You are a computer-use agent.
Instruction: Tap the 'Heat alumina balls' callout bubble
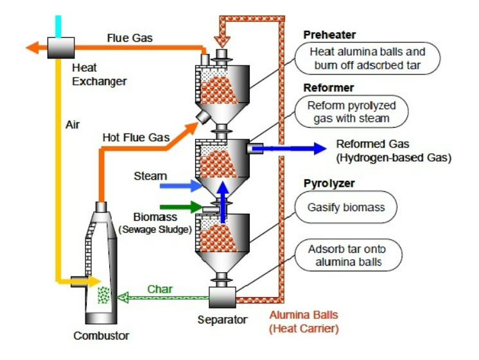tap(367, 58)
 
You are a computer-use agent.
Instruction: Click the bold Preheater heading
tap(330, 35)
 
